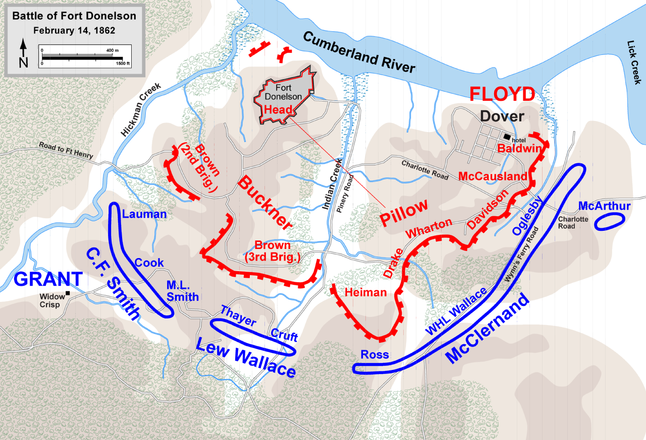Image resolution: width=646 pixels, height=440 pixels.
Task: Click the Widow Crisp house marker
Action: click(x=67, y=293)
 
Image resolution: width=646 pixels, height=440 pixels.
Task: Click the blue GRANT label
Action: click(x=48, y=279)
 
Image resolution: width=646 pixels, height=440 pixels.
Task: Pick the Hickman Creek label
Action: click(x=141, y=109)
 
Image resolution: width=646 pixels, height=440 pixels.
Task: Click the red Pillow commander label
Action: click(x=404, y=212)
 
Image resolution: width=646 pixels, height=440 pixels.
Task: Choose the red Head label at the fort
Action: click(x=278, y=109)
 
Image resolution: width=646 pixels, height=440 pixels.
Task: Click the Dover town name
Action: click(x=502, y=116)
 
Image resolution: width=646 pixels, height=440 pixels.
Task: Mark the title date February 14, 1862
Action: click(x=74, y=30)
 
